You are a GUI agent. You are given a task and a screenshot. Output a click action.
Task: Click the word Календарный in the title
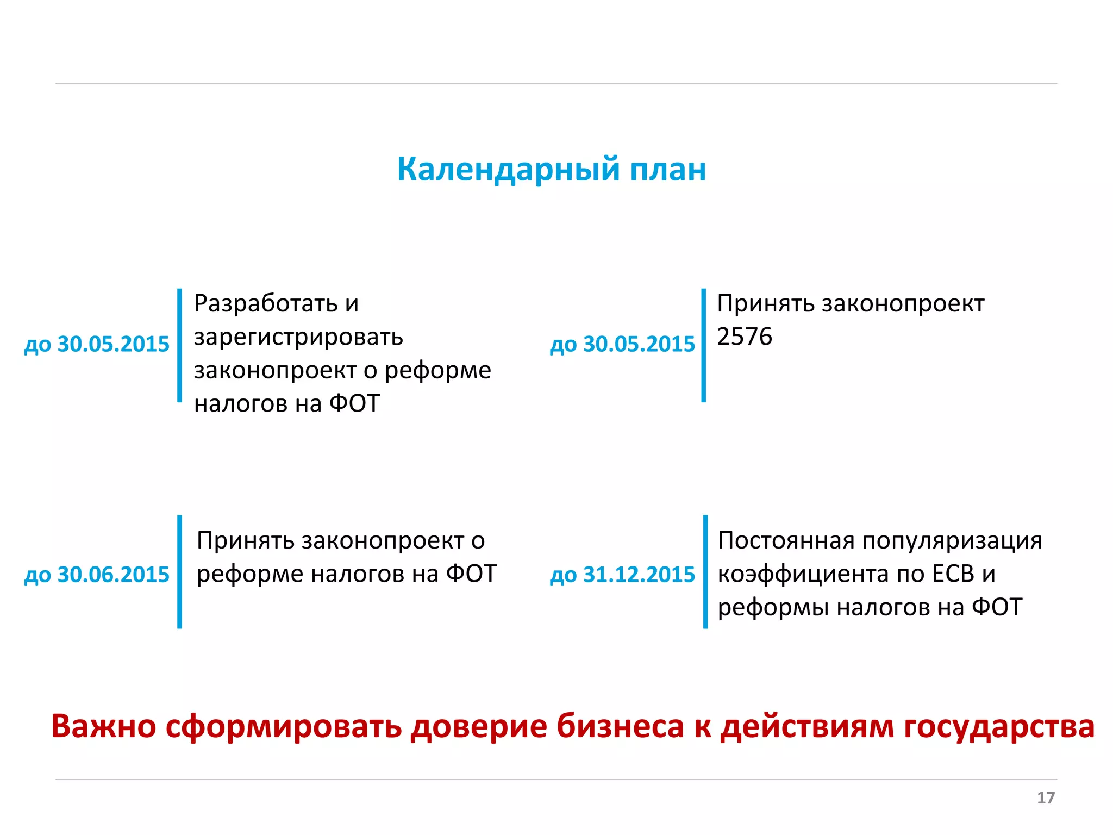(508, 170)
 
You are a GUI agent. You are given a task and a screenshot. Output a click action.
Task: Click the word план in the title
(668, 170)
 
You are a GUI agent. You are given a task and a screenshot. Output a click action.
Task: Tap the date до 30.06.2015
(97, 575)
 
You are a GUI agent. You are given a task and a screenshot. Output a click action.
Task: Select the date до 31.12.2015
(623, 575)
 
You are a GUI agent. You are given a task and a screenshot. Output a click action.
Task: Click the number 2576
(744, 337)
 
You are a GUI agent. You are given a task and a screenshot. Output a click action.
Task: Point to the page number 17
(1046, 797)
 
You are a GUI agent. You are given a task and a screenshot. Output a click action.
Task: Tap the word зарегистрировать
(298, 337)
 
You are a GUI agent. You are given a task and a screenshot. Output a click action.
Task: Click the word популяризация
(952, 540)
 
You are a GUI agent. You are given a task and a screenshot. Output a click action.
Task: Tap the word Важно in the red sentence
(104, 726)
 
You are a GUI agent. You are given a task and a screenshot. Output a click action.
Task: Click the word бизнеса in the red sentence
(620, 726)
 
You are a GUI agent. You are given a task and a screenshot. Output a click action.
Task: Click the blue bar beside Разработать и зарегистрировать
(179, 345)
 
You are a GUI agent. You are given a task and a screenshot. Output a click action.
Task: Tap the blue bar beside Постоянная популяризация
(705, 571)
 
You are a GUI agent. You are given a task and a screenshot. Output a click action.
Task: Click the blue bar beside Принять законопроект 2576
(704, 345)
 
